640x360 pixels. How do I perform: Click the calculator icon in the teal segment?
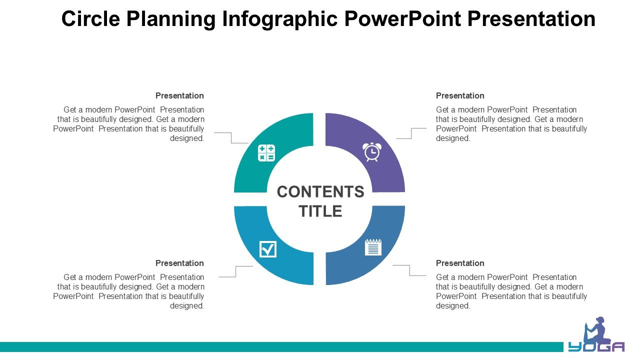click(266, 153)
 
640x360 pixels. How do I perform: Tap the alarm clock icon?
click(371, 152)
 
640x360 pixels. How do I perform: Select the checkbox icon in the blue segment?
click(267, 249)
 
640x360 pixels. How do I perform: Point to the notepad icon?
click(373, 247)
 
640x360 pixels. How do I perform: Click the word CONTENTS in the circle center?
click(320, 191)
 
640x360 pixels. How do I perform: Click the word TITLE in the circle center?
click(320, 211)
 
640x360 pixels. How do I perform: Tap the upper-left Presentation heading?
click(179, 95)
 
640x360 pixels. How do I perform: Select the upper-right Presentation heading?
click(460, 95)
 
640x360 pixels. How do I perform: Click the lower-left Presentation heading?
click(179, 263)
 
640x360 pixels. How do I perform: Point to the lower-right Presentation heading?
click(460, 263)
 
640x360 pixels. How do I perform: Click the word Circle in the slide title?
click(90, 19)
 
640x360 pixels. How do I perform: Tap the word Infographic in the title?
click(279, 19)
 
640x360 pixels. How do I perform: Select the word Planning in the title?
click(171, 19)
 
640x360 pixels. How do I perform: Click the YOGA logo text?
click(596, 346)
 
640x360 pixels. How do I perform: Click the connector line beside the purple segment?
click(411, 133)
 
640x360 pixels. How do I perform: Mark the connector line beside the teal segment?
click(231, 137)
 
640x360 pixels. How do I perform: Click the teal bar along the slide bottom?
click(281, 347)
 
